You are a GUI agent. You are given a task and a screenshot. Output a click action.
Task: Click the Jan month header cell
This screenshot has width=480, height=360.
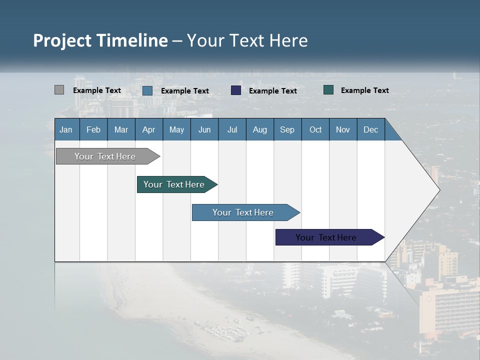click(x=66, y=129)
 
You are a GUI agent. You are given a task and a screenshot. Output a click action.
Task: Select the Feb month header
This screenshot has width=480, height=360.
click(x=93, y=129)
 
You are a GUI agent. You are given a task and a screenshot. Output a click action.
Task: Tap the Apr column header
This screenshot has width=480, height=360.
click(x=148, y=129)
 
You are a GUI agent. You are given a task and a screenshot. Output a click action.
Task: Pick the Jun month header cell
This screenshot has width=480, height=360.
click(x=204, y=129)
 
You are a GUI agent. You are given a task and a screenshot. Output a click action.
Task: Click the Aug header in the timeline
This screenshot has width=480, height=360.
click(x=259, y=129)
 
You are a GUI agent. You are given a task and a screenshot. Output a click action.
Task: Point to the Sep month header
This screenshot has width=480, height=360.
click(x=287, y=129)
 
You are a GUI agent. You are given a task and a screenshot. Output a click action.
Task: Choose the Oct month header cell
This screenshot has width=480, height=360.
click(x=315, y=129)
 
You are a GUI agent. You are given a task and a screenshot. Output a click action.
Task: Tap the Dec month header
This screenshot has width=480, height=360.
click(x=370, y=129)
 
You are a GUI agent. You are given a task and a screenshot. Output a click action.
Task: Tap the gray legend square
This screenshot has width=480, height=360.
click(x=59, y=90)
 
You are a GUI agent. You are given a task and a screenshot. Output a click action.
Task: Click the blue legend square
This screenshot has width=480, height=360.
click(x=147, y=90)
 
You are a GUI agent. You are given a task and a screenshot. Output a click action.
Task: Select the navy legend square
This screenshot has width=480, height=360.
click(x=236, y=90)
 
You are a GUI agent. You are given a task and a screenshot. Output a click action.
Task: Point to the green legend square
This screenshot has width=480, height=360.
click(x=328, y=90)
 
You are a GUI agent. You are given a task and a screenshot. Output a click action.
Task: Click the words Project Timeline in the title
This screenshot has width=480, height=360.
click(x=100, y=40)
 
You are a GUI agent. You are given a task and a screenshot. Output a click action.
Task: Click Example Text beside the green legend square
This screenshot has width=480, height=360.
click(x=364, y=90)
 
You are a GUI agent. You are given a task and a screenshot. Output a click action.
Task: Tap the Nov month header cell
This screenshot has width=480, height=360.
click(x=343, y=129)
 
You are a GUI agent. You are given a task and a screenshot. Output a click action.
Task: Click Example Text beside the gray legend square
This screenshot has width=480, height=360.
click(x=97, y=90)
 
